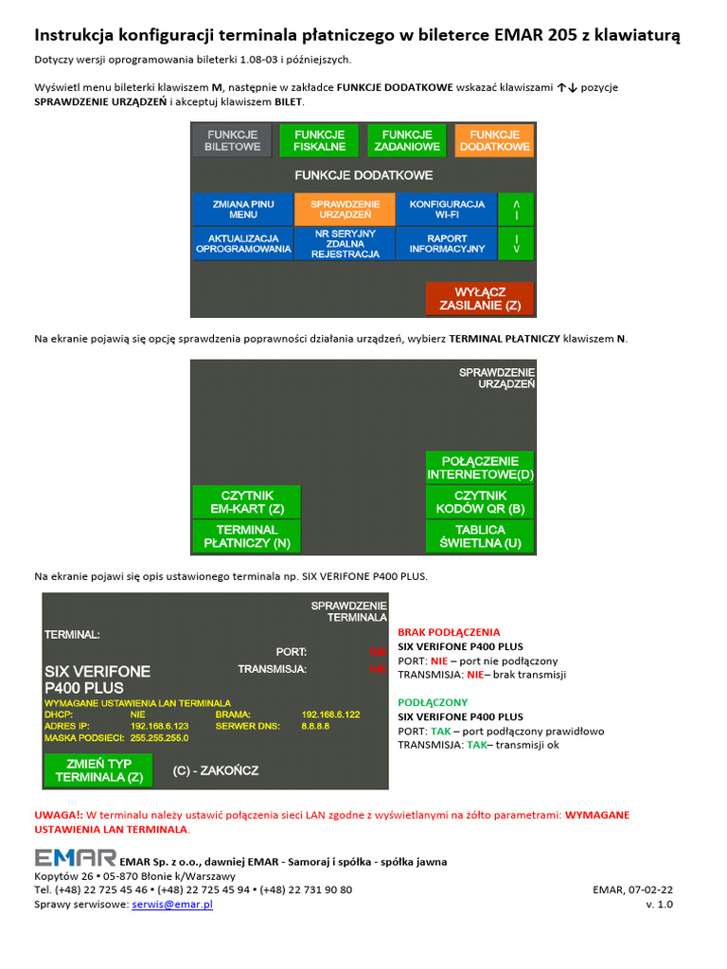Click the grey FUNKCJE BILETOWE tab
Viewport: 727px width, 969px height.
[x=232, y=141]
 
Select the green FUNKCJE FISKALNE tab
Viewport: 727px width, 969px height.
[x=319, y=141]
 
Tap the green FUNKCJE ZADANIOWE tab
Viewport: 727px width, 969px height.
[x=406, y=141]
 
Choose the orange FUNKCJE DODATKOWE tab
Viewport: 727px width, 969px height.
[x=494, y=141]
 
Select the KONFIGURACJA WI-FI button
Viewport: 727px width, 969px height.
[x=447, y=208]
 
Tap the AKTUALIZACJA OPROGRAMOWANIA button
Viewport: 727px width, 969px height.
[x=242, y=243]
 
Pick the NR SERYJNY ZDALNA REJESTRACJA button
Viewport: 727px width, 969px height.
[x=345, y=243]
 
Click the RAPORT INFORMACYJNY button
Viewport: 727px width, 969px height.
[x=447, y=243]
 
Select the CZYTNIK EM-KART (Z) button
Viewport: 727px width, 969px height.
[x=246, y=502]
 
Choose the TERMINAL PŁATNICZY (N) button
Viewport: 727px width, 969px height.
[x=246, y=537]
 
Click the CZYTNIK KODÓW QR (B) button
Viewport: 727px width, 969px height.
[x=480, y=502]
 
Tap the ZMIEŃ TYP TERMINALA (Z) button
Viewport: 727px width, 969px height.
[x=98, y=770]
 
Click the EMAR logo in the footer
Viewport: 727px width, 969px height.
[x=75, y=857]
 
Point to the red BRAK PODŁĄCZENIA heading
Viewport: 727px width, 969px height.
[x=449, y=632]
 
